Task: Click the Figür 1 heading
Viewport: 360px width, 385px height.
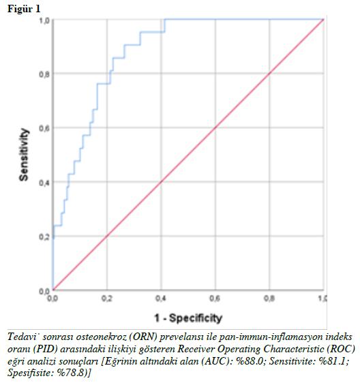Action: click(24, 9)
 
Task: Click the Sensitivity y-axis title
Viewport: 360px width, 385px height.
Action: click(24, 155)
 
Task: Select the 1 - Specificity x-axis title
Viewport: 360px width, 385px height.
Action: click(188, 318)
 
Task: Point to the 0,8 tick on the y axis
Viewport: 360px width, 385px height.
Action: click(44, 74)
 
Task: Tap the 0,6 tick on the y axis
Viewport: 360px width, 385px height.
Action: click(44, 128)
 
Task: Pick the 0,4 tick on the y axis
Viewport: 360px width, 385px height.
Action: click(44, 183)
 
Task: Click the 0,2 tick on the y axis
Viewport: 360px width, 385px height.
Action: click(44, 236)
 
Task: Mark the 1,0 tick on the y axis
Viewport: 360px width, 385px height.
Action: click(44, 20)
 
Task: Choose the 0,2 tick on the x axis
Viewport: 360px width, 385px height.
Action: click(107, 298)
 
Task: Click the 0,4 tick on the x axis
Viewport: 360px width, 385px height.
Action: click(161, 298)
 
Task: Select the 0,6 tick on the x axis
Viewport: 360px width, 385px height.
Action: click(215, 298)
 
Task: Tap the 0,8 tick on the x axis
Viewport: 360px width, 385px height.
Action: click(269, 298)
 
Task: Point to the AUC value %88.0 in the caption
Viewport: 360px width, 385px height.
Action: click(250, 361)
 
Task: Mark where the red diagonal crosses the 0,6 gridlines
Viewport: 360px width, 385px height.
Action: click(215, 127)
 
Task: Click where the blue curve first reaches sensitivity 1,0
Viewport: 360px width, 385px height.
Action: click(165, 19)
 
